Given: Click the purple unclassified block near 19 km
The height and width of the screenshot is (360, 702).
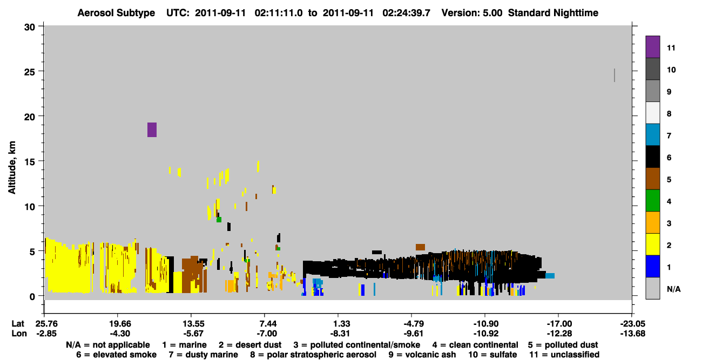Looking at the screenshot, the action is tap(152, 130).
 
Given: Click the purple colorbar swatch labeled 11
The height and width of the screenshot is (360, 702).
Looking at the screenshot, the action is tap(653, 47).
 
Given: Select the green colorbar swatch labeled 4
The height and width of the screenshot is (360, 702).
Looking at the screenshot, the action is tap(653, 201).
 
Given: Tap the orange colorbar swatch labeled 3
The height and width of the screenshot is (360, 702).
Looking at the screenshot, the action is tap(653, 222).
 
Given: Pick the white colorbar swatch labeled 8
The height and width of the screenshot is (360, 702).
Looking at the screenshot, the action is tap(653, 113).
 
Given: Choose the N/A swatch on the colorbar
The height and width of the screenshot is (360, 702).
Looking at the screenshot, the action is tap(653, 288).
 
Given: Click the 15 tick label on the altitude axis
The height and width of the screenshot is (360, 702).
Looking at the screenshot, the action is tap(30, 162).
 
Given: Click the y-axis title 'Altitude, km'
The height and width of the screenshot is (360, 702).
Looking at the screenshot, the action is tap(12, 168).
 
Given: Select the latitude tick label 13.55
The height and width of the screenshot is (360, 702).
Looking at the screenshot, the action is tap(193, 324).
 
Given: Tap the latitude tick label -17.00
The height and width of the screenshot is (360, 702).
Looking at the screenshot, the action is tap(559, 324).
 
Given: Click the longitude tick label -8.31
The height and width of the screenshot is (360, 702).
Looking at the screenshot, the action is tap(340, 334).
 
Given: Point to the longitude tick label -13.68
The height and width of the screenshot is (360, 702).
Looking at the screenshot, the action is tap(633, 334).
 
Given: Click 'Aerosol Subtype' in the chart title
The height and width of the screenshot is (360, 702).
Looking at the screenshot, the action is tap(116, 13).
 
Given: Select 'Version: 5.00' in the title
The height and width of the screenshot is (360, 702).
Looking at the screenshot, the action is tap(472, 13).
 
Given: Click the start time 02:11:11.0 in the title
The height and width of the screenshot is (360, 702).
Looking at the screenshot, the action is tap(279, 13).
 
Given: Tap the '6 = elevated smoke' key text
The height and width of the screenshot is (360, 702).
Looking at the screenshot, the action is tap(116, 355).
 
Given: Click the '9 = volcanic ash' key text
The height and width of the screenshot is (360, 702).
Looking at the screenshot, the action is tap(422, 355).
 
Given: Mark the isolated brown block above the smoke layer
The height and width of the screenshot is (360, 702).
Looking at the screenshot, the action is tap(420, 247).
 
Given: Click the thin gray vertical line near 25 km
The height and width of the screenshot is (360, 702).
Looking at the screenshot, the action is tap(615, 75).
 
